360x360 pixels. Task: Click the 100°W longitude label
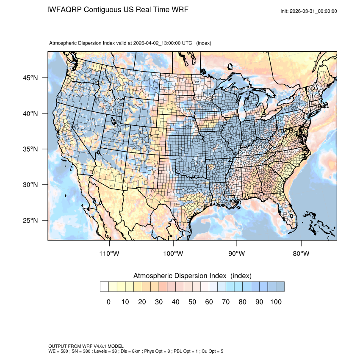tap(173, 253)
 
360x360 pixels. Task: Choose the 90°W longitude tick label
tap(237, 253)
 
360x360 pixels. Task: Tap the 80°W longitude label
tap(301, 253)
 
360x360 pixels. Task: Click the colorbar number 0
tap(108, 302)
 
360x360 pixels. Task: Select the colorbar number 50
tap(192, 302)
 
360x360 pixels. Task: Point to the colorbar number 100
tap(275, 302)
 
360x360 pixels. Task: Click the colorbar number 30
tap(158, 302)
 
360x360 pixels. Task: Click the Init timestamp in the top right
tap(309, 11)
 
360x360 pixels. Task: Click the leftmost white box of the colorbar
tap(104, 287)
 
